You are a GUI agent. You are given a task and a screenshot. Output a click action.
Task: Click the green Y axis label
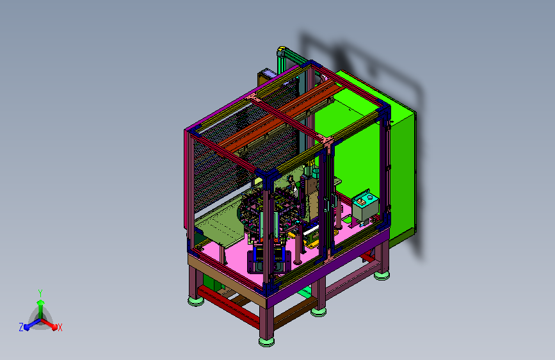(x=40, y=293)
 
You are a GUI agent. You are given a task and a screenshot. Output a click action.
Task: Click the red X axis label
(x=60, y=327)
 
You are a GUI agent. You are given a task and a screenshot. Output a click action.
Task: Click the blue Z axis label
(x=21, y=327)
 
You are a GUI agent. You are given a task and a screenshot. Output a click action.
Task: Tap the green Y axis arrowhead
(x=40, y=302)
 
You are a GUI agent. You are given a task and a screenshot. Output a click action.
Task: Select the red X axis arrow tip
(x=54, y=327)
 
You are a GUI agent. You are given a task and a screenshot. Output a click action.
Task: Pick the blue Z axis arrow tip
(x=26, y=327)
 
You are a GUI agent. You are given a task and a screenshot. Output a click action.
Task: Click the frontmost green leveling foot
(x=266, y=341)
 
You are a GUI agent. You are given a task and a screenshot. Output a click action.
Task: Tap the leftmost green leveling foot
(x=196, y=302)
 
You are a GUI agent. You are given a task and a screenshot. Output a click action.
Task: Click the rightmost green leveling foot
(x=382, y=275)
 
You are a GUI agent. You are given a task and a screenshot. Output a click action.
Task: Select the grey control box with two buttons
(x=366, y=208)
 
